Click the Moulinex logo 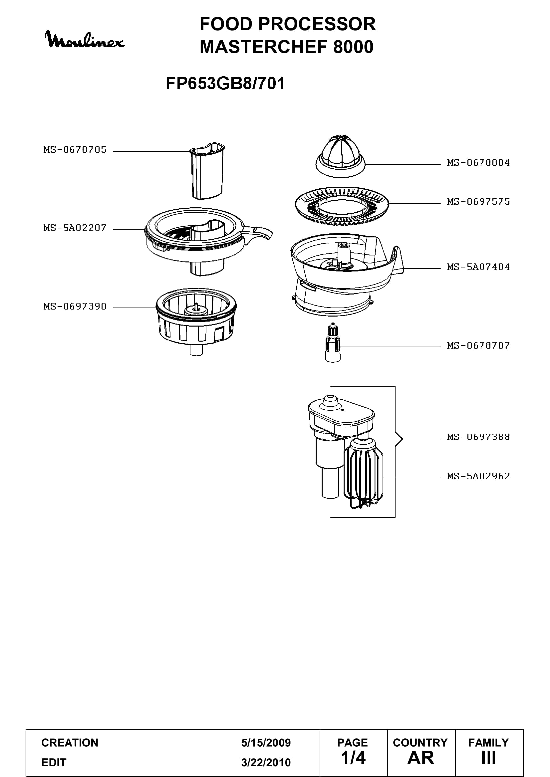(x=85, y=40)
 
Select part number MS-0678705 (x=75, y=149)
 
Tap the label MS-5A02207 (x=75, y=228)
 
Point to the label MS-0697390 (x=75, y=306)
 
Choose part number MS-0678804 (x=478, y=163)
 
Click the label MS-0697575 (x=478, y=202)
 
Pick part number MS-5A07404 (x=478, y=267)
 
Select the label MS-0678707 (x=478, y=345)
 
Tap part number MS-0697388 (x=478, y=437)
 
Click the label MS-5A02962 (x=478, y=476)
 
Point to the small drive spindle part (x=333, y=343)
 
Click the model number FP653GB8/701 (x=225, y=83)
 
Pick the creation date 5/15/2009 (x=266, y=743)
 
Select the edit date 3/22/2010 (x=266, y=762)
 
